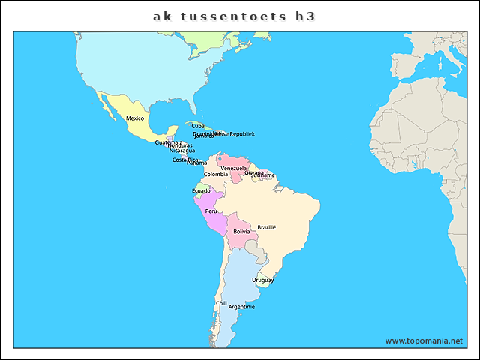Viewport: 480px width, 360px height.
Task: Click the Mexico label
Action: [x=134, y=118]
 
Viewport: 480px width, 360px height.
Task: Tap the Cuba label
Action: [x=197, y=126]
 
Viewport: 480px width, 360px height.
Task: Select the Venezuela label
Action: [x=234, y=169]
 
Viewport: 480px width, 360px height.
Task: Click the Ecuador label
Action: [x=202, y=191]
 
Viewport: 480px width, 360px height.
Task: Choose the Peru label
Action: [x=211, y=211]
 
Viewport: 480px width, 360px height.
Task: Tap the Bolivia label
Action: [x=241, y=232]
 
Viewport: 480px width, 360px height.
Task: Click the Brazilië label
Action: [x=267, y=227]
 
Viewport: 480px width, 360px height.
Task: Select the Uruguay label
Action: [x=262, y=280]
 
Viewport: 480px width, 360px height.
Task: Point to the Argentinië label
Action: [x=241, y=307]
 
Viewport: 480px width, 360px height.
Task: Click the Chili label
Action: [x=221, y=304]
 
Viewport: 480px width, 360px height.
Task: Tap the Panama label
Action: [x=196, y=163]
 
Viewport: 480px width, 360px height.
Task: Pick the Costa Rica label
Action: [x=185, y=160]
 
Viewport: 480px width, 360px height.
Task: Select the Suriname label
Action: [x=263, y=175]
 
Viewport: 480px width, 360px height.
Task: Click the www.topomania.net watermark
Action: [x=424, y=340]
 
